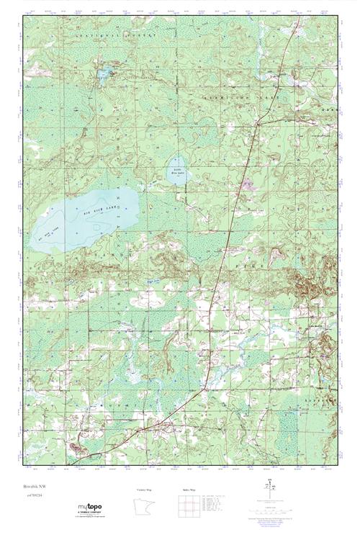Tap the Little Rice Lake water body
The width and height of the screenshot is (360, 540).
coord(176,170)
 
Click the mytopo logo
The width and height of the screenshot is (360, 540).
coord(89,508)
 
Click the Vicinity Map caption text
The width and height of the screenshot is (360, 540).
coord(144,490)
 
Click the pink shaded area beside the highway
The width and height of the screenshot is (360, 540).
coord(248,184)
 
